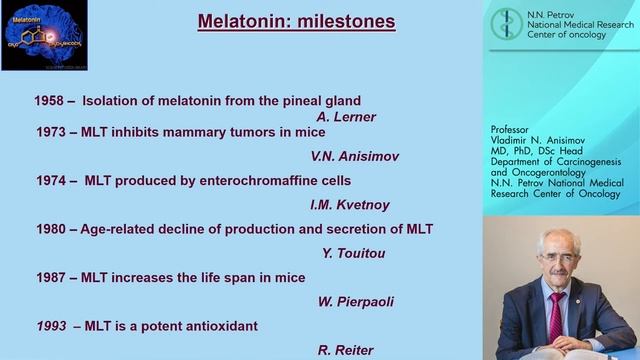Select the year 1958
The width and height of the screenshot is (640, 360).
point(51,100)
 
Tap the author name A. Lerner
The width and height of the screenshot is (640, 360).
point(345,117)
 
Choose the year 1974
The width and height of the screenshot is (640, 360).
point(51,180)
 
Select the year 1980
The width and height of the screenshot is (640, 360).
point(51,229)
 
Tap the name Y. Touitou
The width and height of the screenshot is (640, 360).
point(353,253)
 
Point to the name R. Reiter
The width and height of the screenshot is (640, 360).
point(345,350)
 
